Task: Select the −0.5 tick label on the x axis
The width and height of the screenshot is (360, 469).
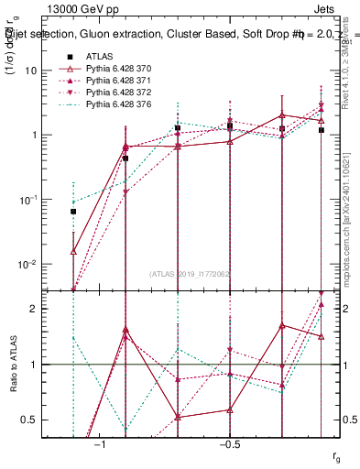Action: click(x=229, y=442)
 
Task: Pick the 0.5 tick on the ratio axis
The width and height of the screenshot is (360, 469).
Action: click(x=28, y=420)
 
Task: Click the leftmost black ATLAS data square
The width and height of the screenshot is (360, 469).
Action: click(x=73, y=212)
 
